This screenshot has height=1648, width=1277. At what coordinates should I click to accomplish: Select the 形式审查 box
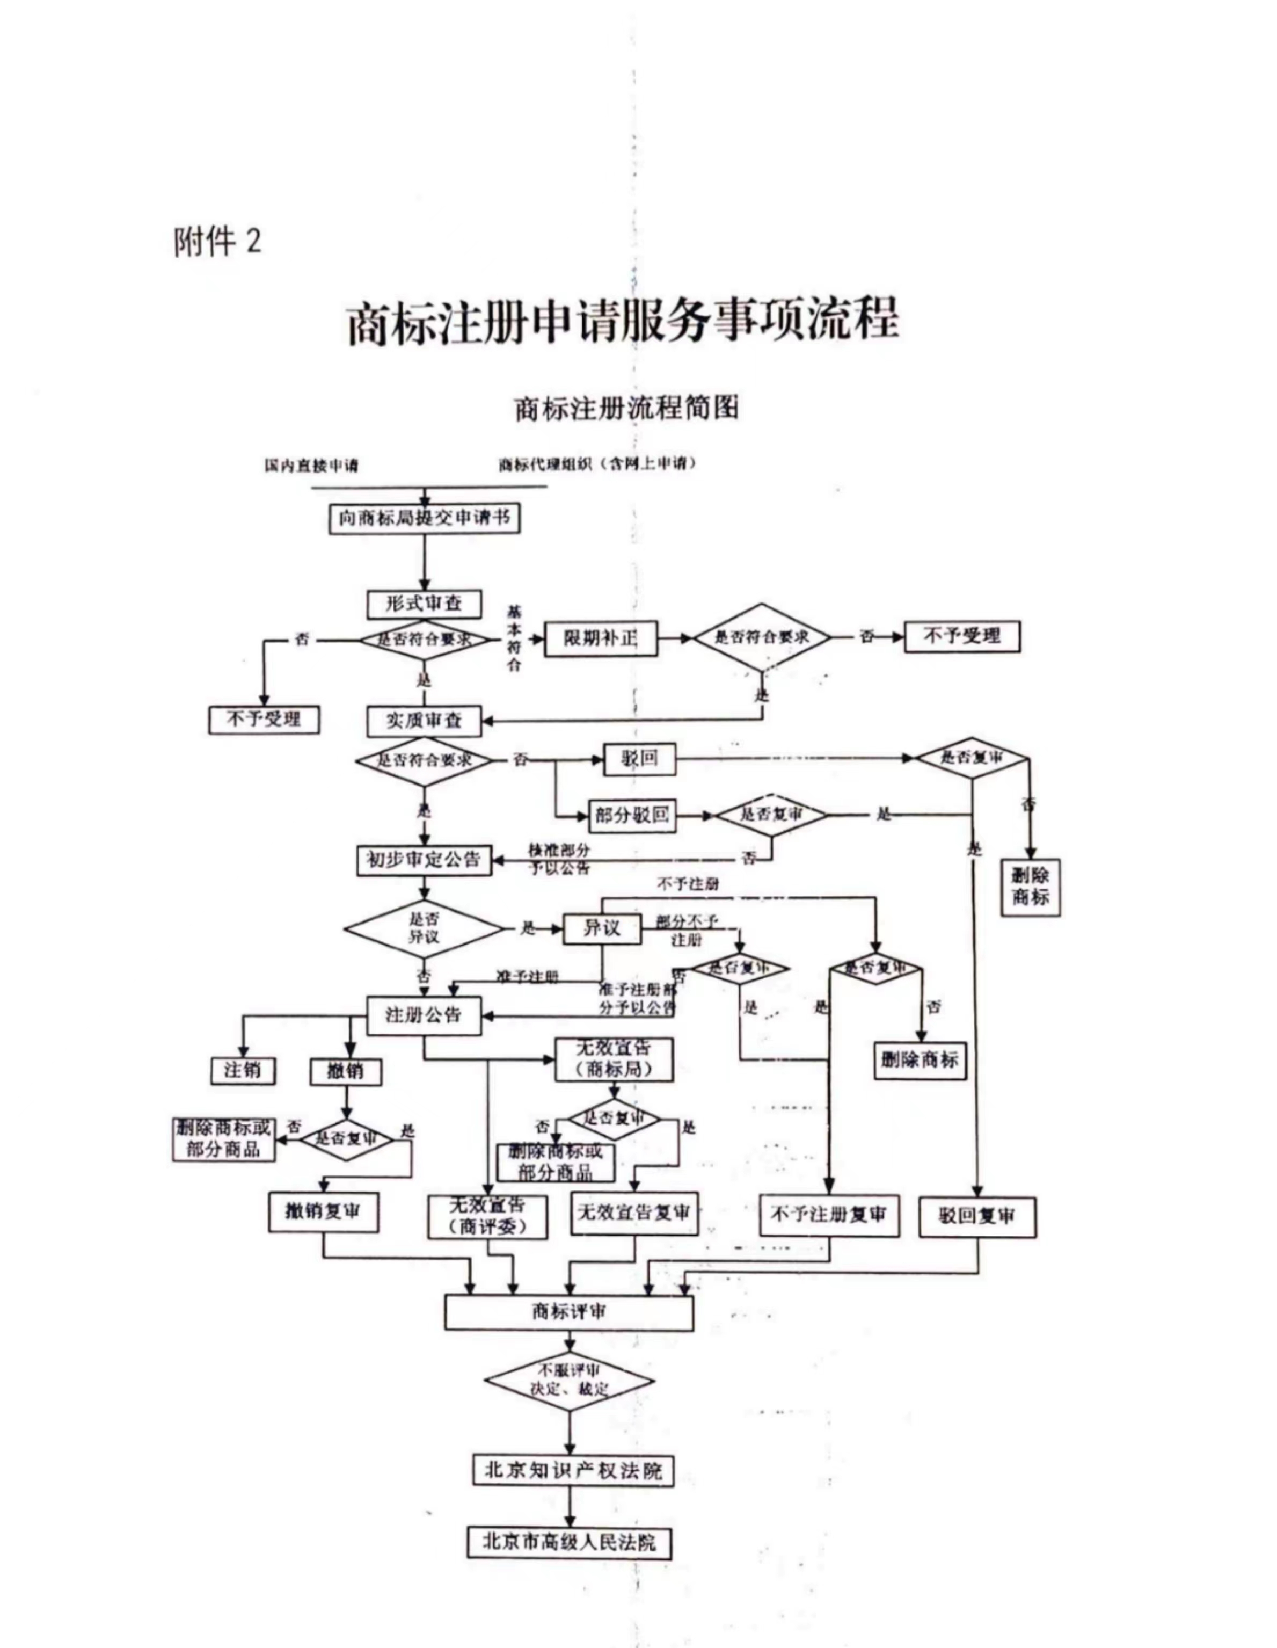pos(424,604)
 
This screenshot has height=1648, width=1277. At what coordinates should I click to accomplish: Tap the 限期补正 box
pos(601,638)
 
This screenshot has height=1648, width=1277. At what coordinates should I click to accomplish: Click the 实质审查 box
pos(424,721)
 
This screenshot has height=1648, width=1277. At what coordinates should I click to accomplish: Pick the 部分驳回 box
pos(631,815)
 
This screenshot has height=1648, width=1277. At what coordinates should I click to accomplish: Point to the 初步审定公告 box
pos(424,860)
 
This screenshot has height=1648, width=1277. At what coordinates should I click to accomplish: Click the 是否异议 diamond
pos(424,928)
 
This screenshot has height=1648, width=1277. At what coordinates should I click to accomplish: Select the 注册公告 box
pos(424,1015)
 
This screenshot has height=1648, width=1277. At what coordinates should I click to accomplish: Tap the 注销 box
pos(242,1070)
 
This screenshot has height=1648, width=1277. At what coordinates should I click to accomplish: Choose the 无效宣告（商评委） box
pos(487,1216)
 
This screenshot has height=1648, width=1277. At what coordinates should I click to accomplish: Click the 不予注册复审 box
pos(829,1214)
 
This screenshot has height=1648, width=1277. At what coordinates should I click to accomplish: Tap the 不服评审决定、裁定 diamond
pos(569,1380)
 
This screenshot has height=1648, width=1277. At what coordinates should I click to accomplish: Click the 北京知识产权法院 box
pos(573,1470)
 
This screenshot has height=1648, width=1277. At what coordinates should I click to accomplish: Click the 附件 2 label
pos(217,242)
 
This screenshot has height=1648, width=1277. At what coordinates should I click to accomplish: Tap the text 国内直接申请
pos(311,466)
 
